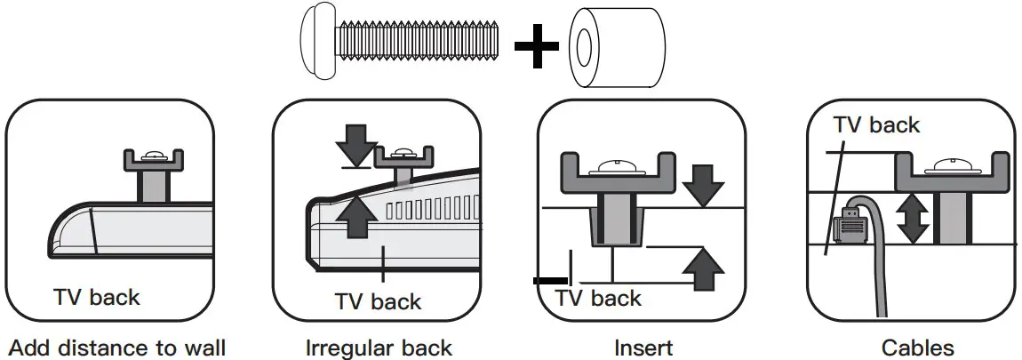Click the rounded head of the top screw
pyautogui.click(x=315, y=40)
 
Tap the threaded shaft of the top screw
pyautogui.click(x=418, y=40)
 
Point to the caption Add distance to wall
pyautogui.click(x=116, y=347)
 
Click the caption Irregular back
pyautogui.click(x=378, y=347)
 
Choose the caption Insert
pyautogui.click(x=643, y=347)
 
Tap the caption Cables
pyautogui.click(x=918, y=347)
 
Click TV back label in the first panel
pyautogui.click(x=96, y=296)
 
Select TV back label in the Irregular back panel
pyautogui.click(x=378, y=300)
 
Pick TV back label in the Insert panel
pyautogui.click(x=598, y=298)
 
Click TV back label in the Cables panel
pyautogui.click(x=877, y=124)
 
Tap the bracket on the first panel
pyautogui.click(x=152, y=161)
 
